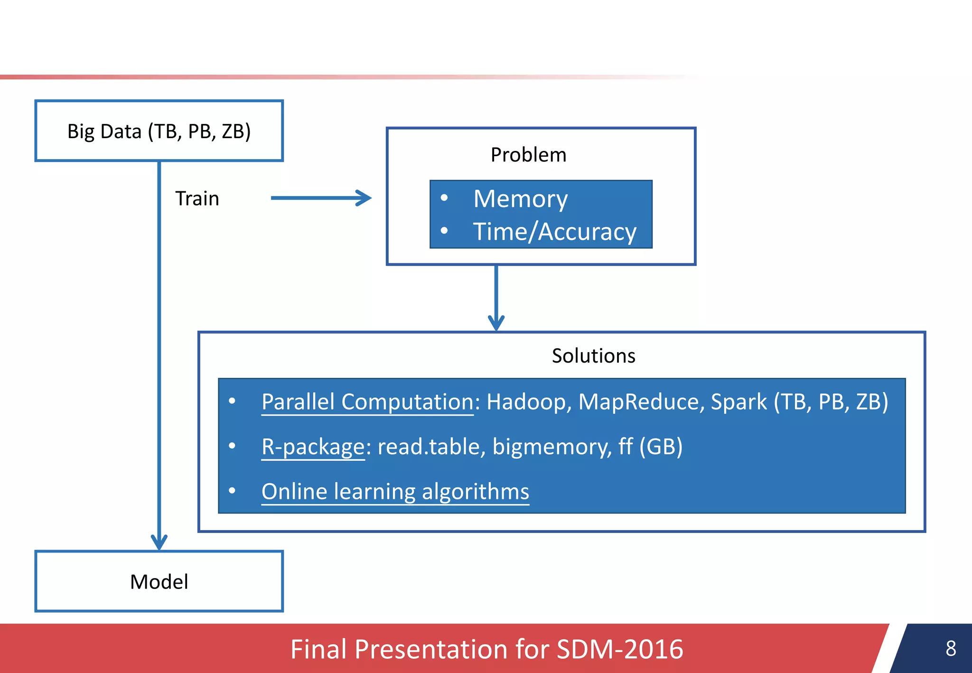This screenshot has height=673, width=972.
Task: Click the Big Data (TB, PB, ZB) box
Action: pos(159,131)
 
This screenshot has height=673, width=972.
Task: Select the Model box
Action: pos(159,581)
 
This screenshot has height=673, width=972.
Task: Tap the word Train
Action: pos(197,198)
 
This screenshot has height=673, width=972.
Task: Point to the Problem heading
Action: pos(528,155)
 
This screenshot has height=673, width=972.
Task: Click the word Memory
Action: pos(520,198)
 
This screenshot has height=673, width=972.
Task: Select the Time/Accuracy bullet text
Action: pos(554,232)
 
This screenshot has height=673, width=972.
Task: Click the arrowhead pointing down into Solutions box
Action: pos(496,323)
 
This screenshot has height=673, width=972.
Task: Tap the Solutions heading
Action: pos(593,355)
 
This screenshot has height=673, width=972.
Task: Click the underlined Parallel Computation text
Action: pos(367,402)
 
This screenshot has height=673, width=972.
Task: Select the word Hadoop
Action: pos(526,402)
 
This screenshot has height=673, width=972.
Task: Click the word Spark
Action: pos(738,402)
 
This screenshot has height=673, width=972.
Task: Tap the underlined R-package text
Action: pos(313,447)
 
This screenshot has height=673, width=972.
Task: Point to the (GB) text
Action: pos(661,447)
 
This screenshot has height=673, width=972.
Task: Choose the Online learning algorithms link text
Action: pos(395,491)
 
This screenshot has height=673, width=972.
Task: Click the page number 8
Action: pos(951,648)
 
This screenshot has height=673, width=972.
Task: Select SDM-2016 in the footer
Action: pos(619,649)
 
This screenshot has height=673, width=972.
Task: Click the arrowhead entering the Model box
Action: pos(159,542)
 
